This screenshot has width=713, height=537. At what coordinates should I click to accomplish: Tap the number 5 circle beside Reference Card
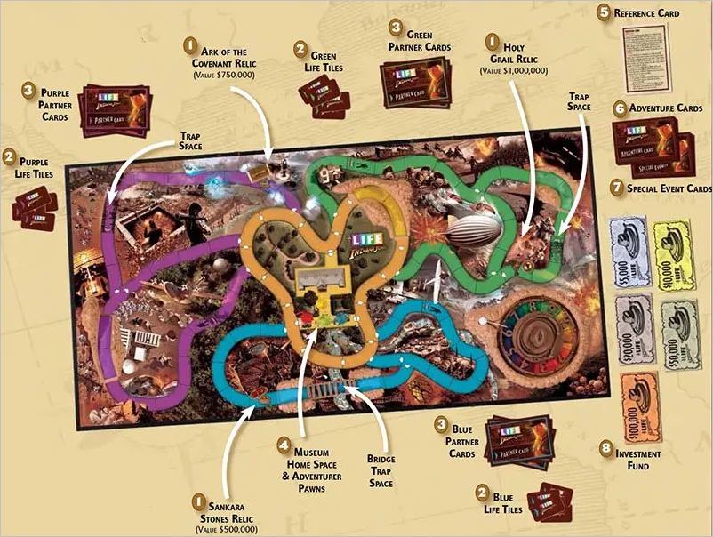click(x=605, y=12)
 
